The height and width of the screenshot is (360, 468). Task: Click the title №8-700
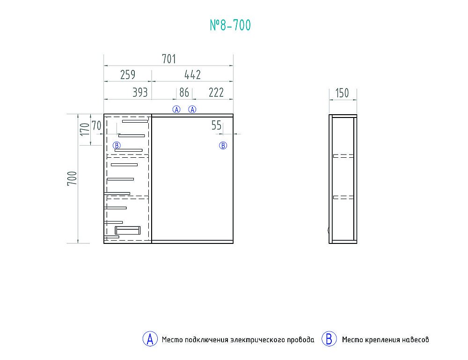click(230, 25)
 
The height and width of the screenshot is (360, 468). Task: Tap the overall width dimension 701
click(169, 59)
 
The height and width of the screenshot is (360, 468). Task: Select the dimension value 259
click(128, 74)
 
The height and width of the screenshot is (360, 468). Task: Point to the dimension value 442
click(192, 74)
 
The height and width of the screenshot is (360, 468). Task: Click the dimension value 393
click(140, 93)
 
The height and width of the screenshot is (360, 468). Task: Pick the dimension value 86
click(184, 93)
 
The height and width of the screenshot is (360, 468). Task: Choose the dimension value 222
click(216, 93)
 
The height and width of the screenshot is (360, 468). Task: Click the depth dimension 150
click(342, 93)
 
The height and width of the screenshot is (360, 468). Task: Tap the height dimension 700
click(72, 178)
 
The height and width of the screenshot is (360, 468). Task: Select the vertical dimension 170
click(85, 129)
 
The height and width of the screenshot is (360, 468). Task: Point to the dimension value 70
click(96, 125)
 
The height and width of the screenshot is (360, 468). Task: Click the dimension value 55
click(216, 125)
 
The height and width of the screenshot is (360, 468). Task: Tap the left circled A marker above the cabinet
click(176, 110)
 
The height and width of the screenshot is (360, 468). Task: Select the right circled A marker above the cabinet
click(192, 110)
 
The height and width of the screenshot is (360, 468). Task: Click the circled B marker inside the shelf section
click(117, 146)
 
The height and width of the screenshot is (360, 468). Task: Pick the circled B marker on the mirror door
click(223, 146)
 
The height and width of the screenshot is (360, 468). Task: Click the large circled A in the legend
click(150, 339)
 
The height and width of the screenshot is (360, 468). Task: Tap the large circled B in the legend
click(329, 339)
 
